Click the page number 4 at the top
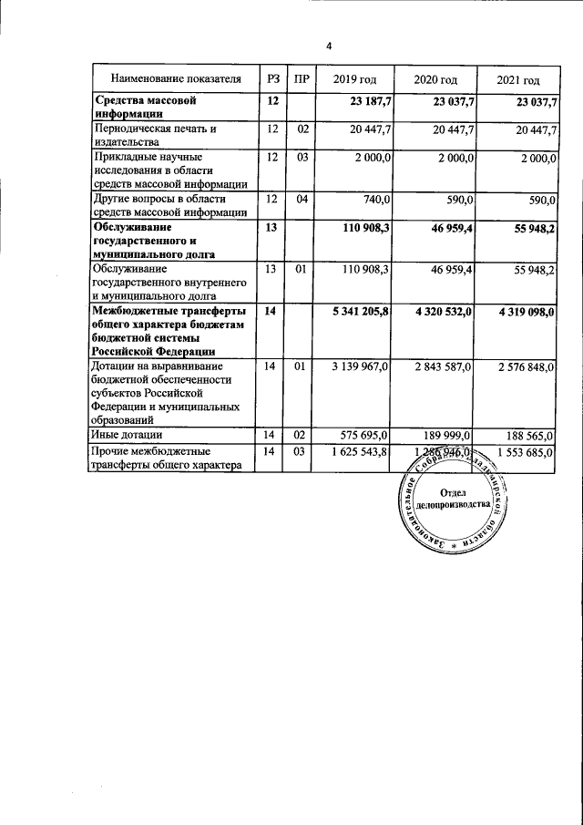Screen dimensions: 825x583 [x=330, y=46]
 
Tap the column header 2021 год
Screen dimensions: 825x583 [x=518, y=81]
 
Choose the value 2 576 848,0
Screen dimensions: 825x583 [x=523, y=367]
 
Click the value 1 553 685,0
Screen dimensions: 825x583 [x=523, y=452]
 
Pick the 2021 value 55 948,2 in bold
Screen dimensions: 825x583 [x=527, y=228]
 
